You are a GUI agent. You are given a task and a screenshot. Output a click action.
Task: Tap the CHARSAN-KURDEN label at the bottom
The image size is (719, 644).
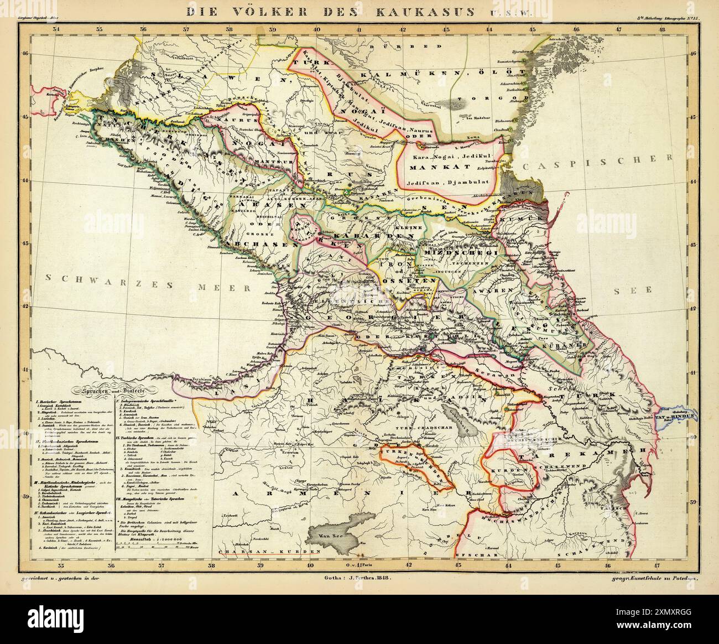tap(269, 552)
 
